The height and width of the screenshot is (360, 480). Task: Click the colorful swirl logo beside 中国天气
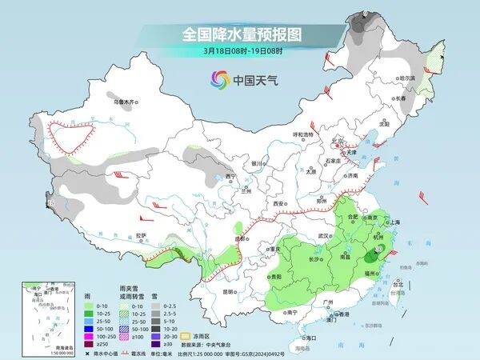(219, 78)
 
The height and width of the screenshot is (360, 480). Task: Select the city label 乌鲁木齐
(125, 102)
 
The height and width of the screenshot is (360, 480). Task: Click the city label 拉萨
(142, 234)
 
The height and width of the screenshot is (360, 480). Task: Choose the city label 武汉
(323, 236)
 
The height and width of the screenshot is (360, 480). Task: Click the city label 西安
(279, 205)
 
